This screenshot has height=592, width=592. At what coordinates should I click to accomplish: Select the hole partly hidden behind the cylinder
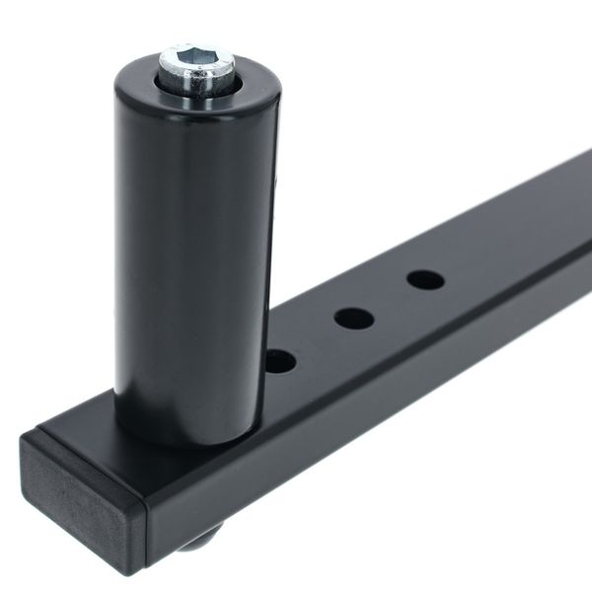(x=281, y=361)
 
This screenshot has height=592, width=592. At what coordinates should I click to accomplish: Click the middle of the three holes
(x=353, y=318)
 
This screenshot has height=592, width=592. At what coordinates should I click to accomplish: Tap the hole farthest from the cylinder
(x=425, y=279)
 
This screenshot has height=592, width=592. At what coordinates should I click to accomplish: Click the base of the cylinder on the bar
(x=187, y=434)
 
